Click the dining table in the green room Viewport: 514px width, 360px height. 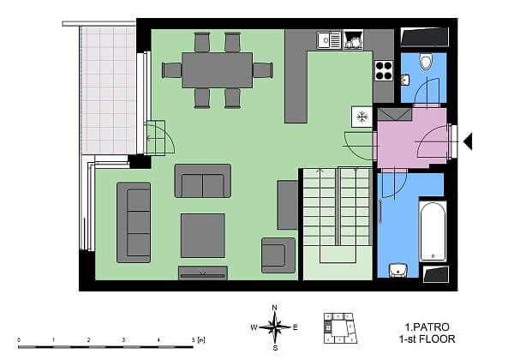217,69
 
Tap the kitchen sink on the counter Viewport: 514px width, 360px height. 326,39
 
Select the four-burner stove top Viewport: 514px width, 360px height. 383,70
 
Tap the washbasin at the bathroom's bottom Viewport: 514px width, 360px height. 397,271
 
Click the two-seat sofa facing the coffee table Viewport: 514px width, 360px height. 202,181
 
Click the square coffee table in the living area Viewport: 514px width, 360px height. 203,235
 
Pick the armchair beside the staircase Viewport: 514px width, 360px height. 278,255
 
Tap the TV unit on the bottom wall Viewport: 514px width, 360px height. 203,273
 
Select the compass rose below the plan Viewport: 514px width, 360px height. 274,327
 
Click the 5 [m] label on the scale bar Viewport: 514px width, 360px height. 200,340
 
